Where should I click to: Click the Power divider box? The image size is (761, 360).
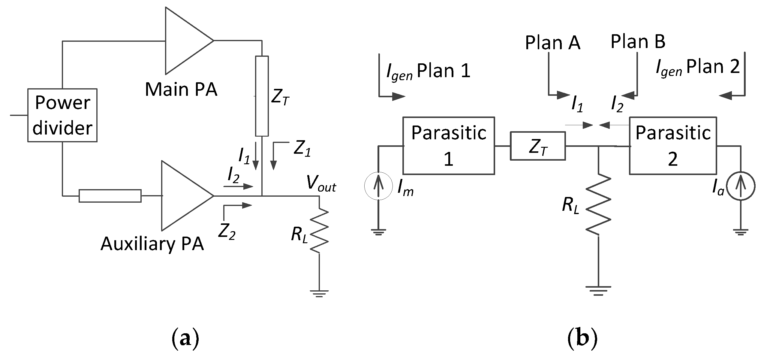(62, 115)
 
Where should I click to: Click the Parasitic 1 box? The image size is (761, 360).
(448, 146)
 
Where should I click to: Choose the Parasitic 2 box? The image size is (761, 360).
(673, 146)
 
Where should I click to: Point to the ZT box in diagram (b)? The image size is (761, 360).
(537, 146)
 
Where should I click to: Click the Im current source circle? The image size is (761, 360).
(378, 186)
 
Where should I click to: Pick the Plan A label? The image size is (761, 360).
(552, 43)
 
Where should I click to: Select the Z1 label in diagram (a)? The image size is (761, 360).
(302, 149)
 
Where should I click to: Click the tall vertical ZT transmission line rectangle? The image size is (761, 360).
(262, 96)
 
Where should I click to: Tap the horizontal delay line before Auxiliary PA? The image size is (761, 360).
(110, 196)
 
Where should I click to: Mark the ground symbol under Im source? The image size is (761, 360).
(378, 232)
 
